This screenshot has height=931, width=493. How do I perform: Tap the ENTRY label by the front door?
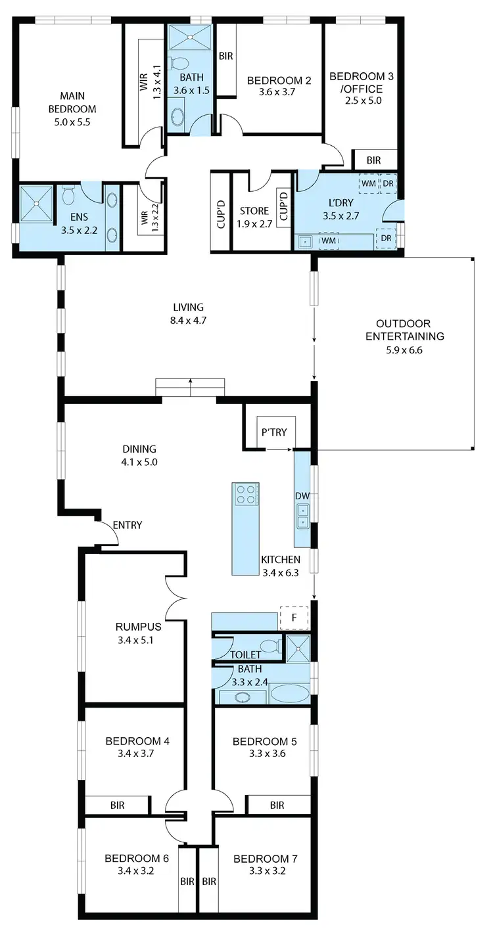pos(128,525)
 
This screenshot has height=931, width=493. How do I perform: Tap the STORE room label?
pos(254,211)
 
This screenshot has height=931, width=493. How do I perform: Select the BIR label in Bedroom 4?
pos(117,805)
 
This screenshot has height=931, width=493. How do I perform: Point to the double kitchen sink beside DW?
pos(302,516)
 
